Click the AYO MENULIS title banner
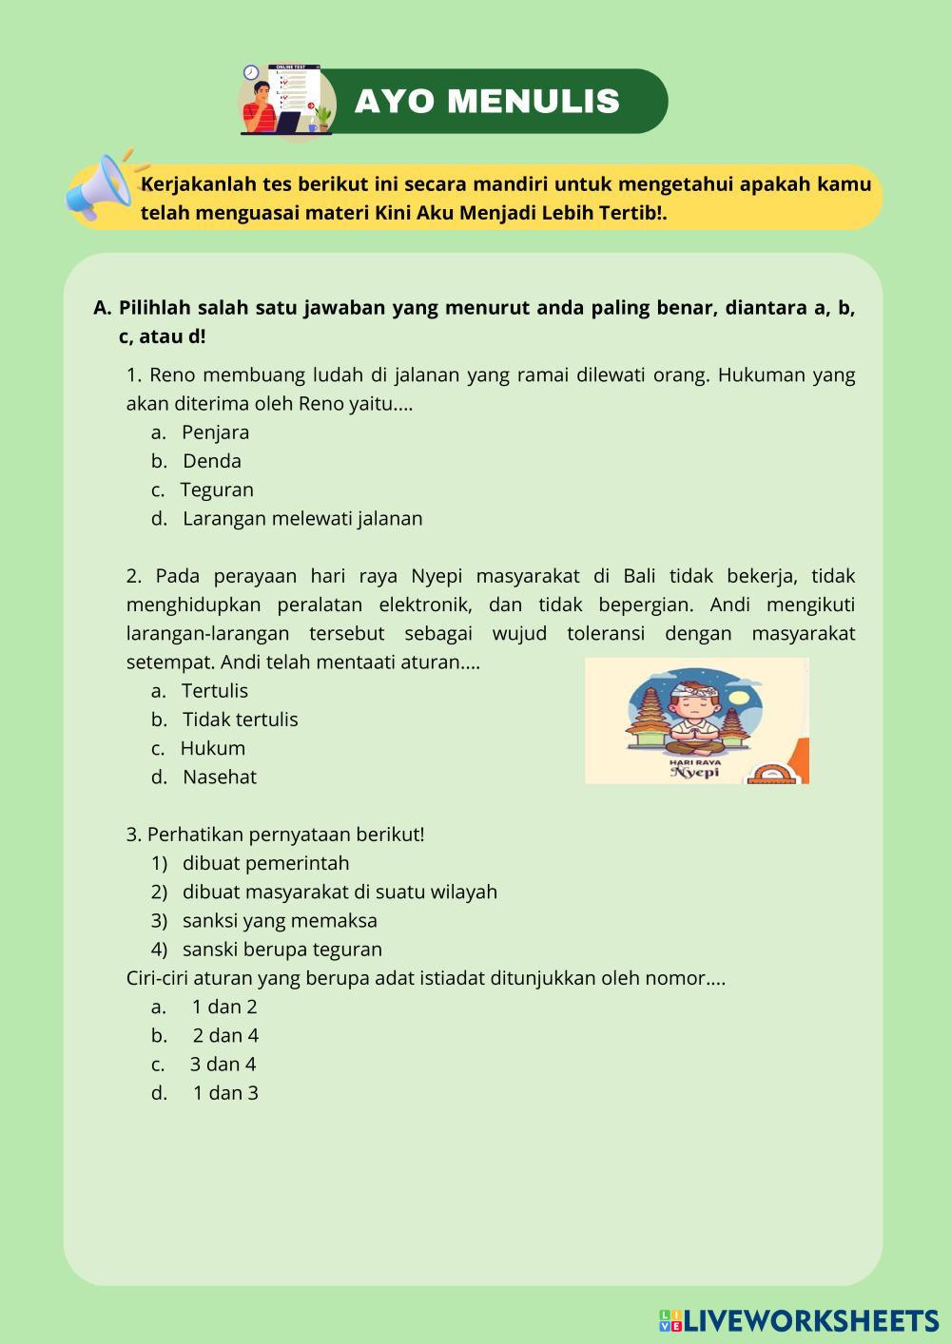click(x=487, y=101)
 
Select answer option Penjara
click(x=215, y=432)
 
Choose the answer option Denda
click(x=211, y=461)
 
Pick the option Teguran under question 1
click(x=217, y=490)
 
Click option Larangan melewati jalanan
click(x=302, y=519)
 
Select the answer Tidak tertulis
click(x=240, y=720)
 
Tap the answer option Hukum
click(x=213, y=748)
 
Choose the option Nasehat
click(x=220, y=778)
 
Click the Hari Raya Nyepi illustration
click(x=696, y=720)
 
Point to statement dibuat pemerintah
click(x=265, y=863)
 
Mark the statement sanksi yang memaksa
click(x=280, y=921)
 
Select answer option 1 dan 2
click(x=224, y=1008)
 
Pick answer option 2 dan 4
click(x=225, y=1036)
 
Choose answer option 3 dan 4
click(x=223, y=1065)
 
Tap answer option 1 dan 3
click(x=225, y=1093)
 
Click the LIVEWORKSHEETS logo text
click(x=810, y=1320)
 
